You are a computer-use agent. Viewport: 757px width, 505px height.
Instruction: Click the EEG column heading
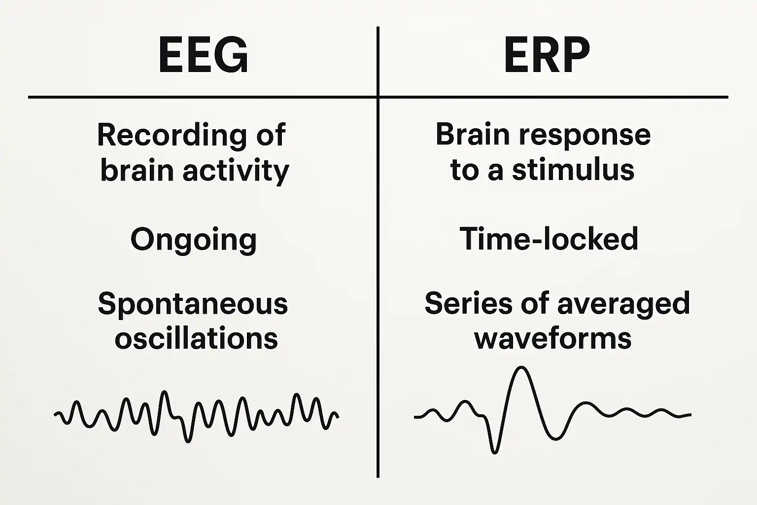[x=204, y=54]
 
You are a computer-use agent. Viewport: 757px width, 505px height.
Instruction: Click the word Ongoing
[x=194, y=240]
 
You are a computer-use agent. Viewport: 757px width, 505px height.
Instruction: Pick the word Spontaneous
[x=193, y=304]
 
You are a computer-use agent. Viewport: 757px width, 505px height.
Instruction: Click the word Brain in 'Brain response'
[x=473, y=134]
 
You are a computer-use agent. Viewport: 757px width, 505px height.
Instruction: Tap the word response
[x=585, y=137]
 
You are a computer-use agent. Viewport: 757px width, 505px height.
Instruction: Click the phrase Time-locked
[x=549, y=238]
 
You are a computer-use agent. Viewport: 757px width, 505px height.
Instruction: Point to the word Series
[x=468, y=303]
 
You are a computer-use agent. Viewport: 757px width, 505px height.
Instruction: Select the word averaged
[x=623, y=304]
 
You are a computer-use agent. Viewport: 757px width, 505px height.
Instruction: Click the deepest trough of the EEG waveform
[x=188, y=441]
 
